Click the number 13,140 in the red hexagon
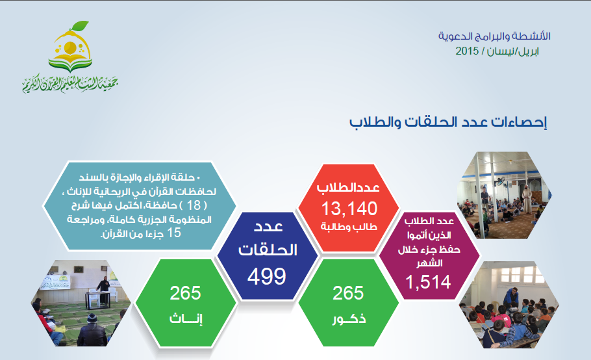(x=349, y=209)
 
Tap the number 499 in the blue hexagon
(x=267, y=276)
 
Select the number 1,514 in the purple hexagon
(x=428, y=282)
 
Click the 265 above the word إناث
(x=185, y=293)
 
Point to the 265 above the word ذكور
(x=348, y=293)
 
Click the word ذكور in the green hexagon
(x=349, y=319)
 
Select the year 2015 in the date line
(x=467, y=51)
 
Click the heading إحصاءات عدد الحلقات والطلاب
(x=447, y=122)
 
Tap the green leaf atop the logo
(x=79, y=26)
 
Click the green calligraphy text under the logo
(x=71, y=84)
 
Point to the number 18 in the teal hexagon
(x=194, y=205)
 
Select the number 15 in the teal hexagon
(x=174, y=233)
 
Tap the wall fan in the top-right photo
(x=500, y=181)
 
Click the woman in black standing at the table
(x=104, y=290)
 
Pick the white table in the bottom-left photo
(x=97, y=299)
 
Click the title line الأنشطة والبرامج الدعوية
(x=494, y=36)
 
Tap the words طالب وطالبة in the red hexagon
(x=349, y=227)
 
